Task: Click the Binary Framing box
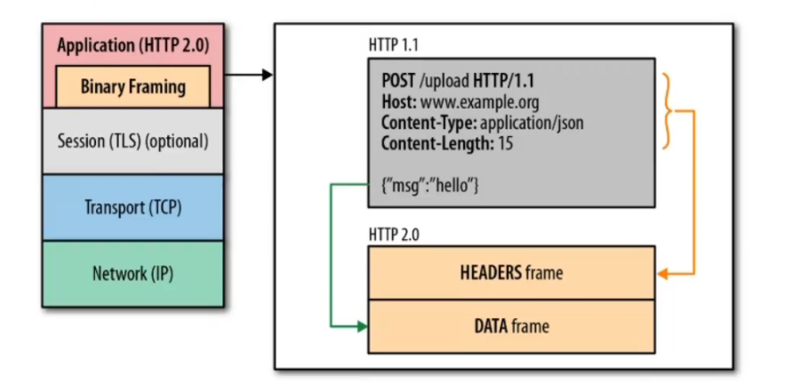coord(133,86)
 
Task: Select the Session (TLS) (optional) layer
coord(132,140)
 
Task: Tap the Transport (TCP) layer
coord(132,207)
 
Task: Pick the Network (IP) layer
coord(132,274)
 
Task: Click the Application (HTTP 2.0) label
coord(132,44)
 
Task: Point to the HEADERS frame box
coord(511,273)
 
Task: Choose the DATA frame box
coord(511,326)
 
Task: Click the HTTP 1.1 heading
coord(395,44)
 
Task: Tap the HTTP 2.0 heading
coord(395,234)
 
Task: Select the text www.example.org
coord(479,103)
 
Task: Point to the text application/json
coord(532,123)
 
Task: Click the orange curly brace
coord(668,111)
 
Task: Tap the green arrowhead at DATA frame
coord(362,326)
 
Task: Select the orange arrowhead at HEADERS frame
coord(661,273)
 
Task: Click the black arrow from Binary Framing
coord(249,75)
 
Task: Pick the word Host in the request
coord(397,103)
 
